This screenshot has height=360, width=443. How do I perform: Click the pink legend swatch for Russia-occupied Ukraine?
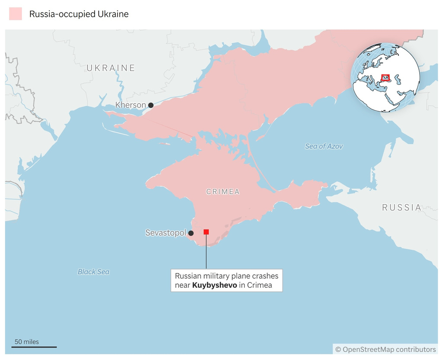(15, 14)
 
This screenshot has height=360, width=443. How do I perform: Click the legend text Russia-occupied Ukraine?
(79, 14)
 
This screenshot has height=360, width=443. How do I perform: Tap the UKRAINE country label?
(111, 68)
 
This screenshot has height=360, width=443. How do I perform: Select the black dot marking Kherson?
(151, 105)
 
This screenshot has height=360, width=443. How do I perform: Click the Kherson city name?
(130, 105)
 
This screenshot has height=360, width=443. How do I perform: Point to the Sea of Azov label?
(324, 146)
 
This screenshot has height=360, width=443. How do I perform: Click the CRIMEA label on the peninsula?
(223, 192)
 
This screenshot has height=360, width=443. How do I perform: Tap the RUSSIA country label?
(401, 208)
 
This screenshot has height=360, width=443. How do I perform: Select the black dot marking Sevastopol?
(191, 233)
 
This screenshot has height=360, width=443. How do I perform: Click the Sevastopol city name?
(165, 233)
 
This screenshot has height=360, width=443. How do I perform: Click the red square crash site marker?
(206, 232)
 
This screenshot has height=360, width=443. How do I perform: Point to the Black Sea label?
(93, 272)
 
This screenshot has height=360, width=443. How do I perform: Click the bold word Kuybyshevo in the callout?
(215, 286)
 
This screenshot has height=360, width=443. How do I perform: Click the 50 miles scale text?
(26, 342)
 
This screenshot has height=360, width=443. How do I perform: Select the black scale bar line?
(34, 347)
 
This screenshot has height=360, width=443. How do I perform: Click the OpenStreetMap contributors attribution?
(385, 349)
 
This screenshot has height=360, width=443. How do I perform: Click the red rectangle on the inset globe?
(385, 78)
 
